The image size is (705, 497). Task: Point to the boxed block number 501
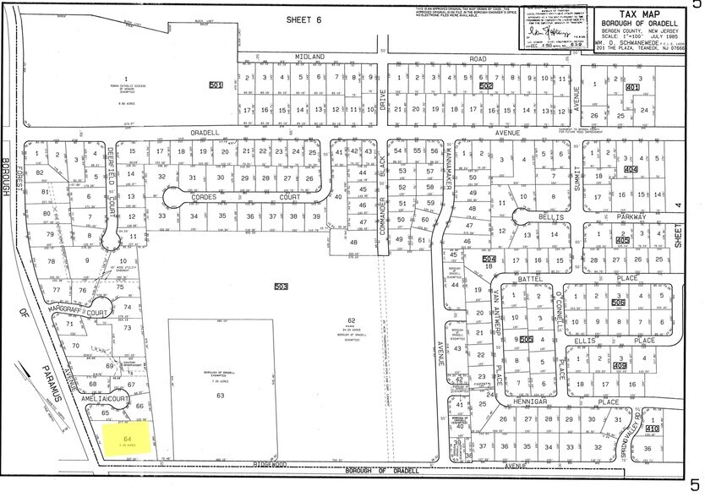(216, 85)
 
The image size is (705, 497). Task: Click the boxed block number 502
(486, 86)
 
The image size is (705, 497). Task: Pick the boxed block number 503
(281, 287)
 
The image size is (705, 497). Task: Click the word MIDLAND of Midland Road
(309, 56)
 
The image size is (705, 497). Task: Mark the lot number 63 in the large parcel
(221, 395)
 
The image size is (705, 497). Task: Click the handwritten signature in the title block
(551, 31)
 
